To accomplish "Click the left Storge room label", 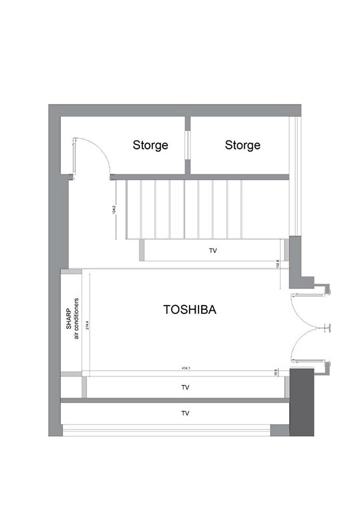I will pos(150,145).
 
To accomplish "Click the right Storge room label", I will pos(242,145).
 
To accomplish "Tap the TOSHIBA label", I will pos(189,310).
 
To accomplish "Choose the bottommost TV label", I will pos(185,414).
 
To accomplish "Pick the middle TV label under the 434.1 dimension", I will pos(185,388).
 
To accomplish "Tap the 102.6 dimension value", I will pos(278,265).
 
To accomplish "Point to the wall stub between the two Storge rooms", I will pos(187,144).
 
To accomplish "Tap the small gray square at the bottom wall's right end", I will pos(280,429).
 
